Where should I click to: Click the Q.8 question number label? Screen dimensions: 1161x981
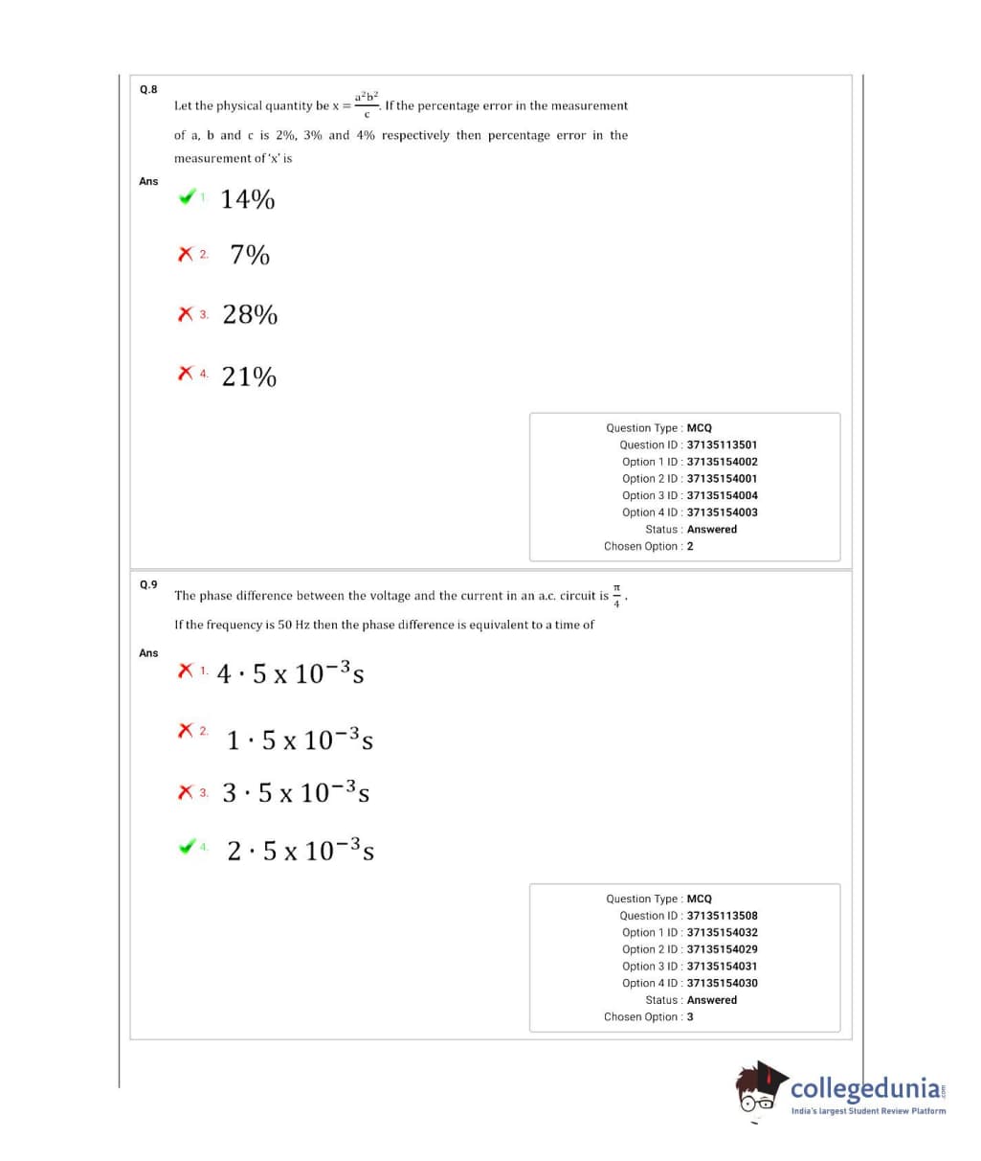point(148,89)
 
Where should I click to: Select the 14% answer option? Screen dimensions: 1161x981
point(248,199)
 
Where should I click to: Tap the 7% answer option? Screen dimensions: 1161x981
point(250,255)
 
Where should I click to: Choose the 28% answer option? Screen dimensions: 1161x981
point(250,314)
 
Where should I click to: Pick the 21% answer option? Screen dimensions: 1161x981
point(249,376)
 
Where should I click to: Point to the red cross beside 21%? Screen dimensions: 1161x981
point(186,374)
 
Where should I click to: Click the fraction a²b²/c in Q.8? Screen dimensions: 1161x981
point(367,103)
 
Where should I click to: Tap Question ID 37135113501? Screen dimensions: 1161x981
point(722,444)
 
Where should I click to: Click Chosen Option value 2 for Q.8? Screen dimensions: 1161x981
point(690,546)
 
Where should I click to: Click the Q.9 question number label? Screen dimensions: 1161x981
point(148,583)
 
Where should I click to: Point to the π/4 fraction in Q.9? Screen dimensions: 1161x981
point(617,595)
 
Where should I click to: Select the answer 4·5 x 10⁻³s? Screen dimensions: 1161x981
point(290,673)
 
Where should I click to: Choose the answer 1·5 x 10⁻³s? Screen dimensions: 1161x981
point(300,740)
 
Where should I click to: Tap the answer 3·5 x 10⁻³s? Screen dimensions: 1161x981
point(296,792)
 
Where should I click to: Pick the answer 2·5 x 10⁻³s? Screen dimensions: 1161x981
point(301,850)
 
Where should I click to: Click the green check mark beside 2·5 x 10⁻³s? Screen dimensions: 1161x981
point(188,846)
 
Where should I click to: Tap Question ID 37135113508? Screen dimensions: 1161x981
point(722,916)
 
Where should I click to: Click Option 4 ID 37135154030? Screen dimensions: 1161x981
point(722,983)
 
